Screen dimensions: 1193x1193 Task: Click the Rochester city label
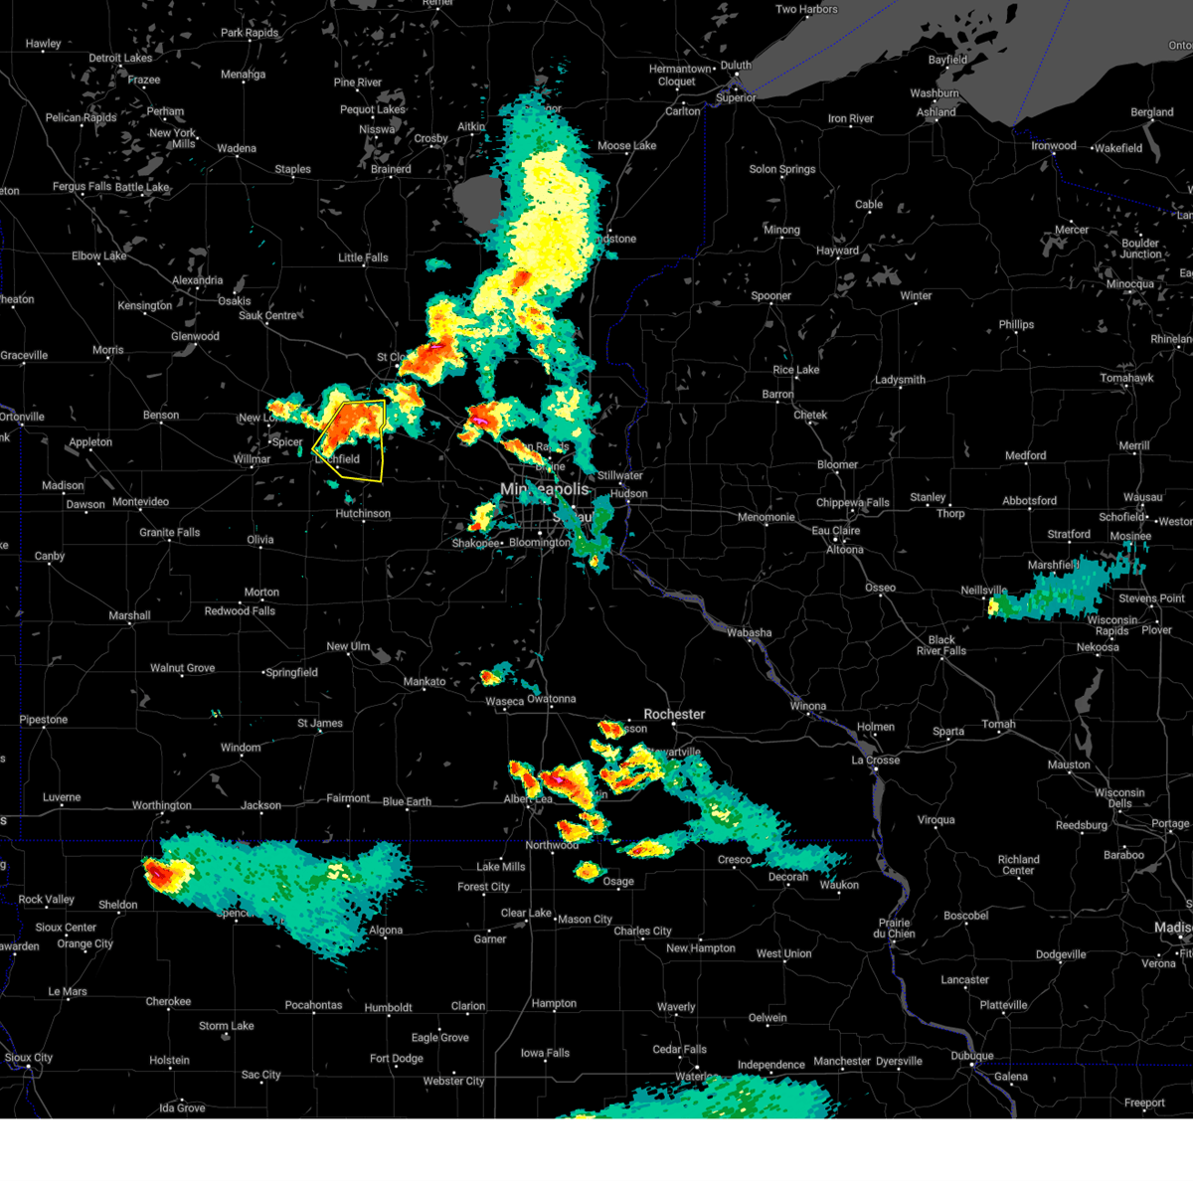pos(674,714)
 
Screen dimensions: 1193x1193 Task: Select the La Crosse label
pos(875,760)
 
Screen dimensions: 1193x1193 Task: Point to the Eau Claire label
pos(836,530)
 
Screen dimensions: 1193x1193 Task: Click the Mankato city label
pos(425,681)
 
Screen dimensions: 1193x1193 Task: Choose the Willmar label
pos(252,459)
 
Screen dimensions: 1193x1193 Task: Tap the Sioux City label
pos(29,1058)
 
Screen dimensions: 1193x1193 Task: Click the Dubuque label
pos(971,1056)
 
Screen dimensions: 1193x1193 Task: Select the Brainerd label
pos(391,169)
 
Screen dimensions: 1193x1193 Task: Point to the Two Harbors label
pos(806,10)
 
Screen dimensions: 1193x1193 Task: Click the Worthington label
pos(162,805)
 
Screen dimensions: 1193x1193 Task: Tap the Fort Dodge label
pos(397,1059)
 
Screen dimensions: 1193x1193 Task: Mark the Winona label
pos(807,706)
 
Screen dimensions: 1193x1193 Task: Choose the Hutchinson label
pos(363,514)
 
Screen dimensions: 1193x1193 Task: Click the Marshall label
pos(129,615)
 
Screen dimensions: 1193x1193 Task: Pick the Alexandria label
pos(198,280)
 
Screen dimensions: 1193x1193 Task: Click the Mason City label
pos(585,920)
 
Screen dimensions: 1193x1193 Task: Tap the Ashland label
pos(936,112)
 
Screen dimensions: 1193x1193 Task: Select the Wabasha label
pos(749,632)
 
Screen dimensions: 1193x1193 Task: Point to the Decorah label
pos(788,877)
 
